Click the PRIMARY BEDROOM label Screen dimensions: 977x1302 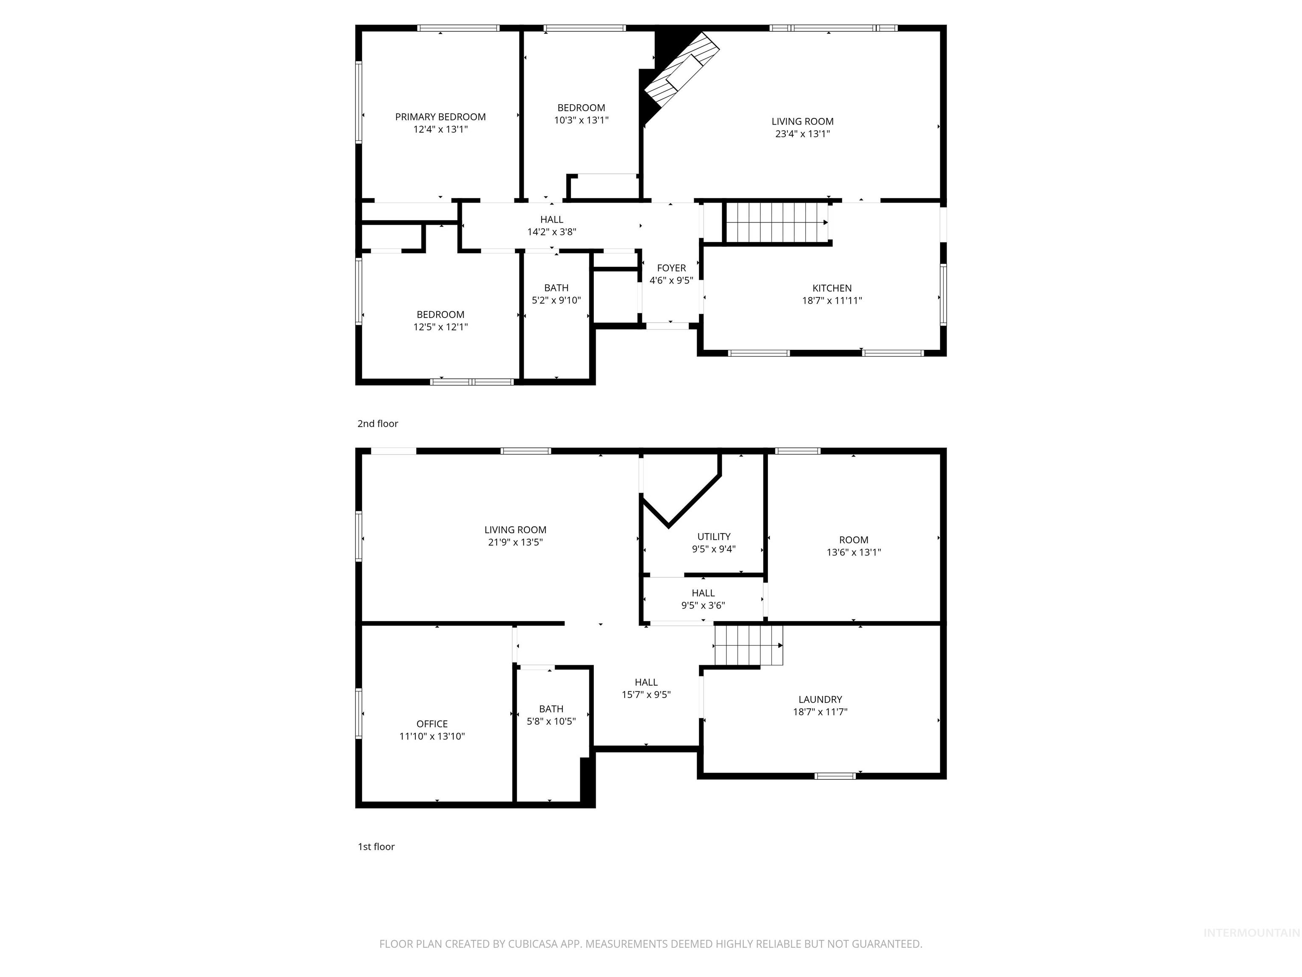tap(440, 117)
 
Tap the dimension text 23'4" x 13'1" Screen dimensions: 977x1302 tap(802, 134)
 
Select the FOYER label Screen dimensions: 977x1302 tap(671, 268)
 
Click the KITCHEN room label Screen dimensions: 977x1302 tap(832, 288)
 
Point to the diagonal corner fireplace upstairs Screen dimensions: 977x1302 tap(682, 71)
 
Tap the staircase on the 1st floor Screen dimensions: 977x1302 tap(748, 645)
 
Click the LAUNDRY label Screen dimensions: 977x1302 tap(820, 700)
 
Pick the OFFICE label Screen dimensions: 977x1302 tap(432, 724)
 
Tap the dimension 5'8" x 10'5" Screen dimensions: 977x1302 tap(551, 721)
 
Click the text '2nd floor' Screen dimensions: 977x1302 tap(377, 424)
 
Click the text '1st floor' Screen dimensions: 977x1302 tap(376, 846)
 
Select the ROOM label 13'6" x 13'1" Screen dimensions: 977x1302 tap(854, 540)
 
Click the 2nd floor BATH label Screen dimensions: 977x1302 tap(556, 288)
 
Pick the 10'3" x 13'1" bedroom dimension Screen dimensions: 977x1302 tap(581, 120)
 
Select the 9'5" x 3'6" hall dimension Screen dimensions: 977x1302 tap(703, 606)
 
